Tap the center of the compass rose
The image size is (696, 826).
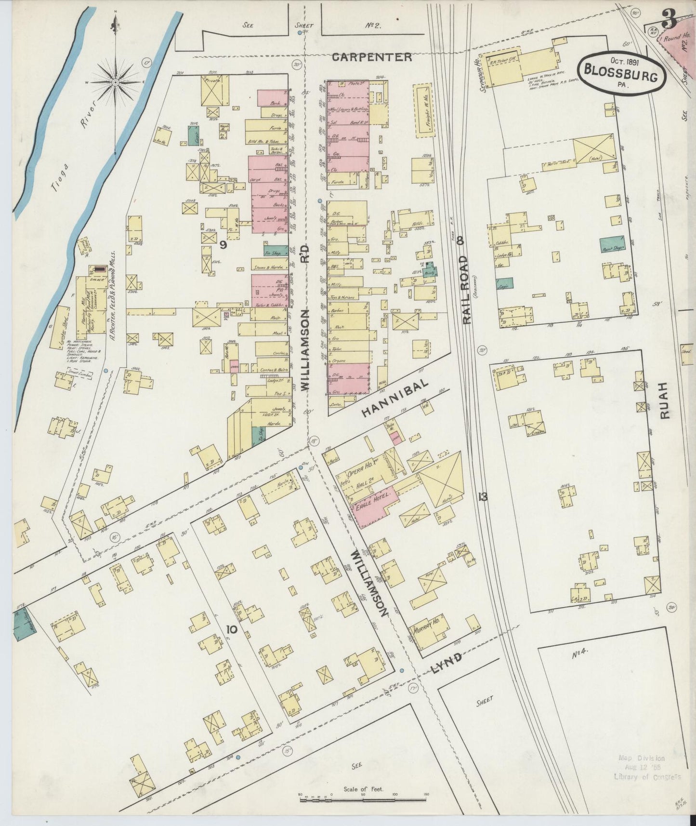click(116, 83)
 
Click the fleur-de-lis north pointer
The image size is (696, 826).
click(115, 24)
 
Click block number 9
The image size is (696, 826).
click(223, 245)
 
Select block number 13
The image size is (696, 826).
click(483, 496)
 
